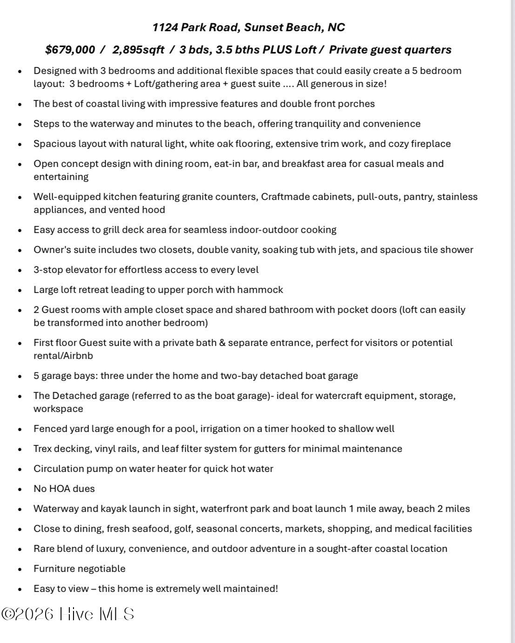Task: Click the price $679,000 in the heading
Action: (70, 50)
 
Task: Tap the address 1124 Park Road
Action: (196, 27)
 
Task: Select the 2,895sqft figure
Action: (138, 50)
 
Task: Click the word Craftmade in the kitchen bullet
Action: (285, 197)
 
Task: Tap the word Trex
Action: (42, 449)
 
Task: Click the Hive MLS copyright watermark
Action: (68, 614)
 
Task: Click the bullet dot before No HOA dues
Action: (20, 489)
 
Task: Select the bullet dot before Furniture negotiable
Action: (20, 569)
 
